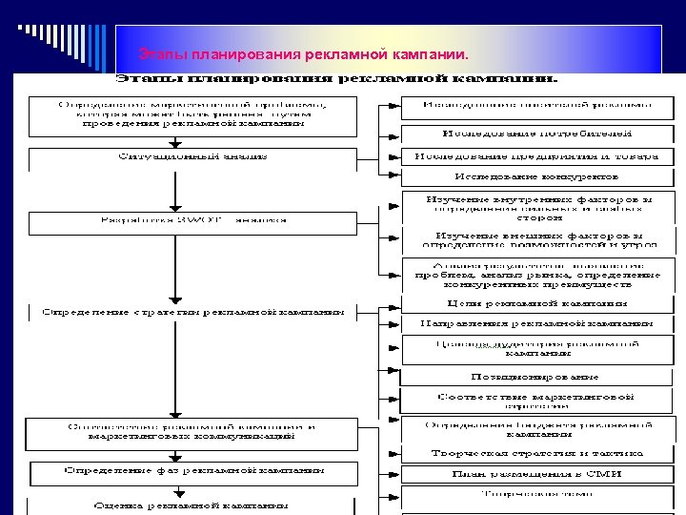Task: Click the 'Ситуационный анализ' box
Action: (x=192, y=155)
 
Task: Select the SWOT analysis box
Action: (x=192, y=220)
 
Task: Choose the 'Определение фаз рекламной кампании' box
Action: (x=192, y=472)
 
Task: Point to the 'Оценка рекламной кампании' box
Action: (x=192, y=505)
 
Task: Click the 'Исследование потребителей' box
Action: (x=529, y=134)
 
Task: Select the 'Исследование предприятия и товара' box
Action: (x=529, y=155)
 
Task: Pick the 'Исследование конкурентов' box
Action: (x=529, y=176)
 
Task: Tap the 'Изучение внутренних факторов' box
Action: (x=529, y=207)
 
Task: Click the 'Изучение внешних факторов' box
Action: (x=529, y=238)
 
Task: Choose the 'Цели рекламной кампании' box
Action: (x=529, y=303)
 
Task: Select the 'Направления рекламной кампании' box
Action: (x=529, y=324)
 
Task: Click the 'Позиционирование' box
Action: (x=529, y=376)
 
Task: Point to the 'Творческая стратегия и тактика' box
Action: (x=529, y=452)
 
